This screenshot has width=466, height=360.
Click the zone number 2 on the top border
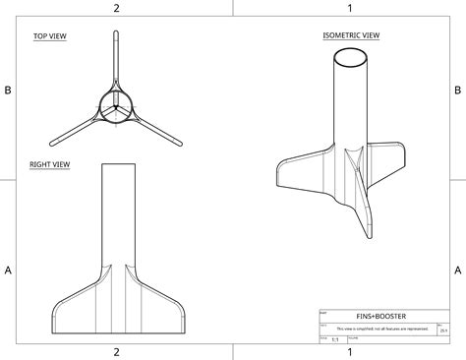(116, 8)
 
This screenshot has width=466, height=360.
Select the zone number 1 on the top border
(349, 8)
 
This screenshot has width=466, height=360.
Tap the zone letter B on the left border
(8, 90)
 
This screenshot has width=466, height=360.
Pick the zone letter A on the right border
(457, 270)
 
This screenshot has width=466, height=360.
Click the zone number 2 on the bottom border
(116, 352)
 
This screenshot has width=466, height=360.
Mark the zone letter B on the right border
(457, 90)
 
